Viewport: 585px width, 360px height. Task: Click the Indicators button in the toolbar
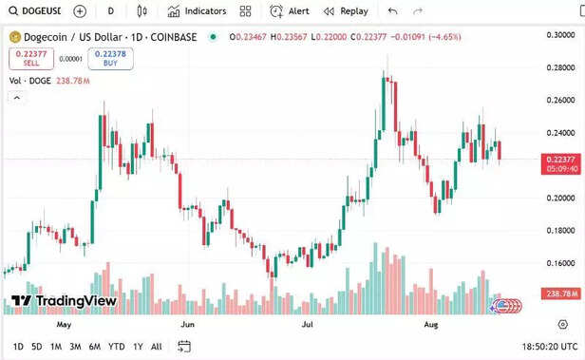198,11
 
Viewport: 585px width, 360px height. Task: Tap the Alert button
290,11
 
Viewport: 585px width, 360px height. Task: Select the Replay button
346,11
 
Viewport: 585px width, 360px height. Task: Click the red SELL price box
31,58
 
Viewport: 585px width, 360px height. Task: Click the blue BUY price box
110,58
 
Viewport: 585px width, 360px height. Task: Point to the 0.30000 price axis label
561,33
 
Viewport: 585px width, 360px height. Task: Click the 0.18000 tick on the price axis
561,230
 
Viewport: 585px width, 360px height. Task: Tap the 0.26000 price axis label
561,100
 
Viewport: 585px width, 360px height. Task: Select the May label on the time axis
65,324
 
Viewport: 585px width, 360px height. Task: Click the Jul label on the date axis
308,324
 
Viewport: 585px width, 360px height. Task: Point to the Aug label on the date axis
430,324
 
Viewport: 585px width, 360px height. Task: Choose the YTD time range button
116,347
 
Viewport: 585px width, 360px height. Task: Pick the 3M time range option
75,347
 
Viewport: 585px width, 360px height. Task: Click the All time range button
157,347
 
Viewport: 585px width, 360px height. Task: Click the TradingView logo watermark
64,301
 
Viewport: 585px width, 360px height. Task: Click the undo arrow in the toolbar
393,11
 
